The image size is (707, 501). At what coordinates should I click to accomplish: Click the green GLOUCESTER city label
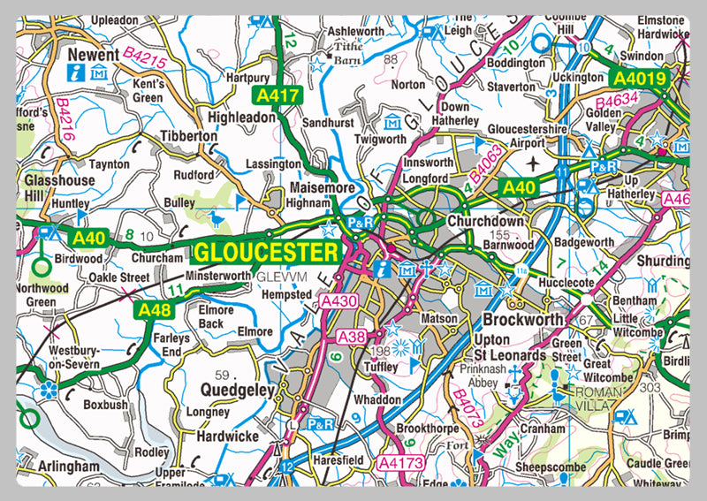point(265,252)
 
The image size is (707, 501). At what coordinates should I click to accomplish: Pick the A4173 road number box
point(402,462)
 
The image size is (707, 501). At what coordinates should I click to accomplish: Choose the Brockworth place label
point(522,317)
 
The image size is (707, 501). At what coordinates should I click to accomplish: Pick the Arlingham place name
point(68,465)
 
